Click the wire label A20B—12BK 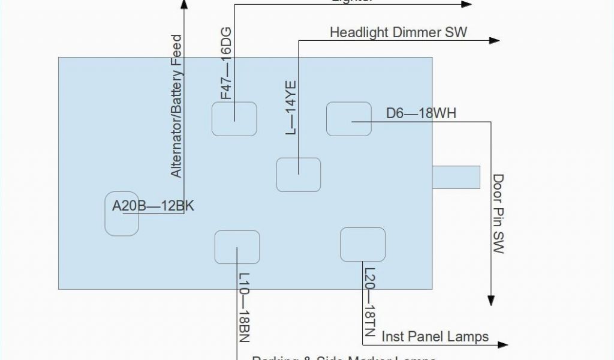pyautogui.click(x=153, y=206)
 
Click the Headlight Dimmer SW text pyautogui.click(x=398, y=32)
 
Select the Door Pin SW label pyautogui.click(x=498, y=214)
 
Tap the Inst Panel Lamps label pyautogui.click(x=435, y=337)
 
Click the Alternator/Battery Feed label pyautogui.click(x=176, y=106)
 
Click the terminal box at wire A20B pyautogui.click(x=122, y=214)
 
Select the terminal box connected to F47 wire pyautogui.click(x=234, y=119)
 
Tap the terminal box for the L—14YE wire pyautogui.click(x=298, y=175)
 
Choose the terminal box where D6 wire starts pyautogui.click(x=349, y=119)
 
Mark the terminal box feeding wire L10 pyautogui.click(x=237, y=247)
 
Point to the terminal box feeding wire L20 pyautogui.click(x=362, y=245)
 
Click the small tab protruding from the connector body pyautogui.click(x=456, y=176)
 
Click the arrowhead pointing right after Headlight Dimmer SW pyautogui.click(x=494, y=40)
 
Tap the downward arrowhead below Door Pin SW pyautogui.click(x=492, y=301)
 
